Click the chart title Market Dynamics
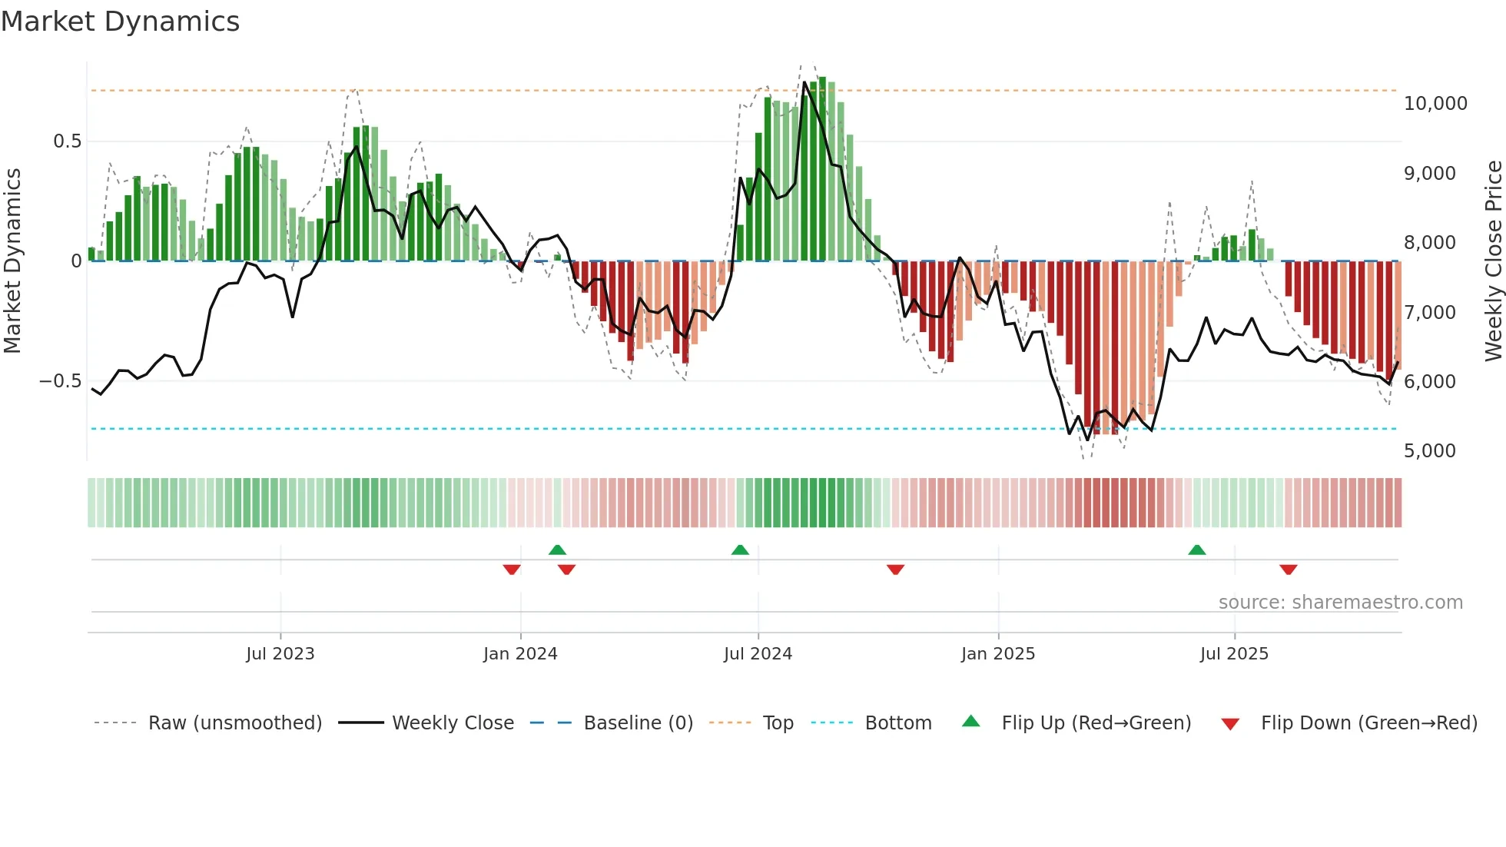121,22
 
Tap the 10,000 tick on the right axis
1435,104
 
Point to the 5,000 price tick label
1429,451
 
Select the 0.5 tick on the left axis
67,141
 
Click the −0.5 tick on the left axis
60,381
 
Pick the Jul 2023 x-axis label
280,654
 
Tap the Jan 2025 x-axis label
997,654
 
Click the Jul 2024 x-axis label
758,654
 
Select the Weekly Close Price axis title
1493,261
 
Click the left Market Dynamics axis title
12,261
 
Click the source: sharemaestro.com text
1340,603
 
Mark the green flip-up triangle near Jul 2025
1196,550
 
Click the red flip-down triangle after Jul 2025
1288,570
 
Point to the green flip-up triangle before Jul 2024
740,550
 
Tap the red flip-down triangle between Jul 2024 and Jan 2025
895,570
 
